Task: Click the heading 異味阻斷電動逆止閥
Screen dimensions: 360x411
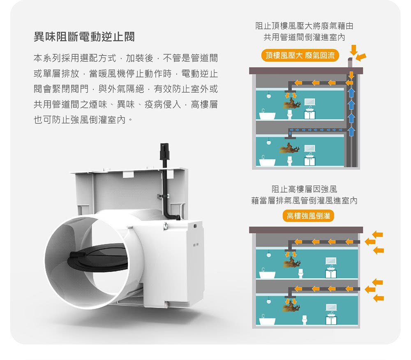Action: (84, 37)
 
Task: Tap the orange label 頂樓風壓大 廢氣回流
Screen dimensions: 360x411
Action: (300, 55)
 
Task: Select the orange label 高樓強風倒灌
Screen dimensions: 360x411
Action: (308, 216)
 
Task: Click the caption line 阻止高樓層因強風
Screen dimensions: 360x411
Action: (304, 190)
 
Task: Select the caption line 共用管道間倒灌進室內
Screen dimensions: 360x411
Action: (304, 37)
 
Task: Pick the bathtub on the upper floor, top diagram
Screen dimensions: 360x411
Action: (267, 115)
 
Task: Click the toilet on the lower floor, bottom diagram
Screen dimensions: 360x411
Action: (305, 320)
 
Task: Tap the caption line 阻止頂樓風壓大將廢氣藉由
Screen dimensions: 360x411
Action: (304, 26)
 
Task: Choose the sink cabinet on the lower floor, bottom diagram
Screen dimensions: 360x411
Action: (331, 319)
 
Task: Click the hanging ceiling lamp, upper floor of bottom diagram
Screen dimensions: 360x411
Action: (268, 254)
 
